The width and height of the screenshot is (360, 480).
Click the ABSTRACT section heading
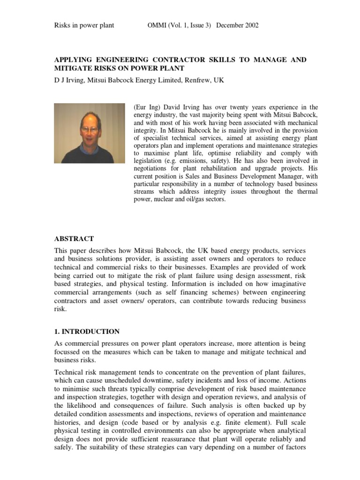coord(75,239)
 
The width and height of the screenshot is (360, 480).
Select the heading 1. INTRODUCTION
coord(87,331)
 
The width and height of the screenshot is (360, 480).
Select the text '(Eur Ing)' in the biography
coord(146,107)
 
